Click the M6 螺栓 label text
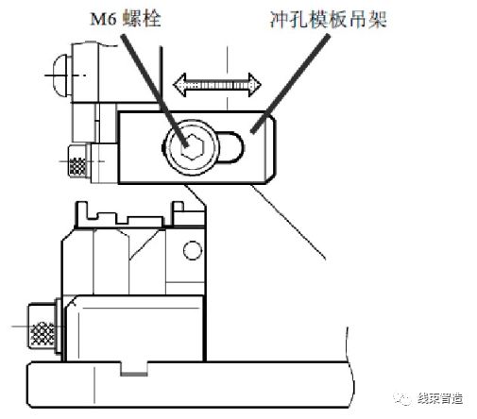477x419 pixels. tap(126, 19)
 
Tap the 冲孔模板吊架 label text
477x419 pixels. tap(328, 20)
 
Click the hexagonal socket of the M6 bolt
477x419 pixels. tap(193, 146)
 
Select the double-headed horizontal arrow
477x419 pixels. tap(217, 85)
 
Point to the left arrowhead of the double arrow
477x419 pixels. tap(180, 85)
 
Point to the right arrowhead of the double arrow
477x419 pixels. tap(254, 85)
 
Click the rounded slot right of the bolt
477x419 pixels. tap(230, 147)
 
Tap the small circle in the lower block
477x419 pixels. tap(193, 250)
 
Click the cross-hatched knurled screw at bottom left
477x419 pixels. tap(43, 327)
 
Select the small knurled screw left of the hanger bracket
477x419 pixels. tap(77, 161)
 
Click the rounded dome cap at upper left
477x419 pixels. tap(61, 75)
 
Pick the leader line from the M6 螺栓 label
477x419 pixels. tap(154, 91)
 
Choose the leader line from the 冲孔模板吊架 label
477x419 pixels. tap(291, 83)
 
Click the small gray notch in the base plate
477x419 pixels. tap(134, 374)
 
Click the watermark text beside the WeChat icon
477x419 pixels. tap(440, 398)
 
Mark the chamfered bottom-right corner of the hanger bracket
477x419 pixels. tap(270, 178)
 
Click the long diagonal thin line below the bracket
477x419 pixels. tap(288, 222)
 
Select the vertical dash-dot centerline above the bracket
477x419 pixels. tap(227, 77)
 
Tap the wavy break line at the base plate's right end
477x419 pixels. tap(349, 368)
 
